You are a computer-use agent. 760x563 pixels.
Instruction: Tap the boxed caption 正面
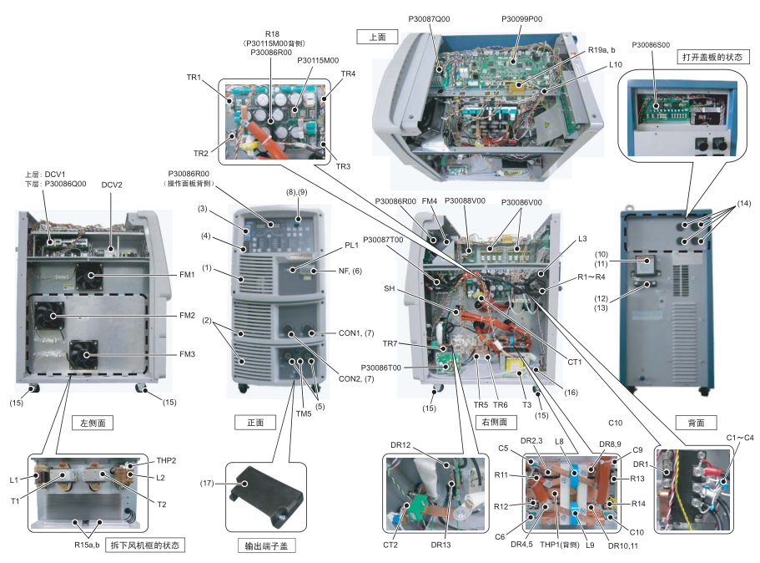tap(255, 423)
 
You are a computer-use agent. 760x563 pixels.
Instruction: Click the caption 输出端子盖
tap(266, 546)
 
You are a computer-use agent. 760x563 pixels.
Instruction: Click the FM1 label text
tap(186, 274)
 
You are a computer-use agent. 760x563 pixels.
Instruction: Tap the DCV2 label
tap(112, 184)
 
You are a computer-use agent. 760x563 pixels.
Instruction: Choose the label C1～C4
tap(738, 437)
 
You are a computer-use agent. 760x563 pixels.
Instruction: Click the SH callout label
tap(389, 289)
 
